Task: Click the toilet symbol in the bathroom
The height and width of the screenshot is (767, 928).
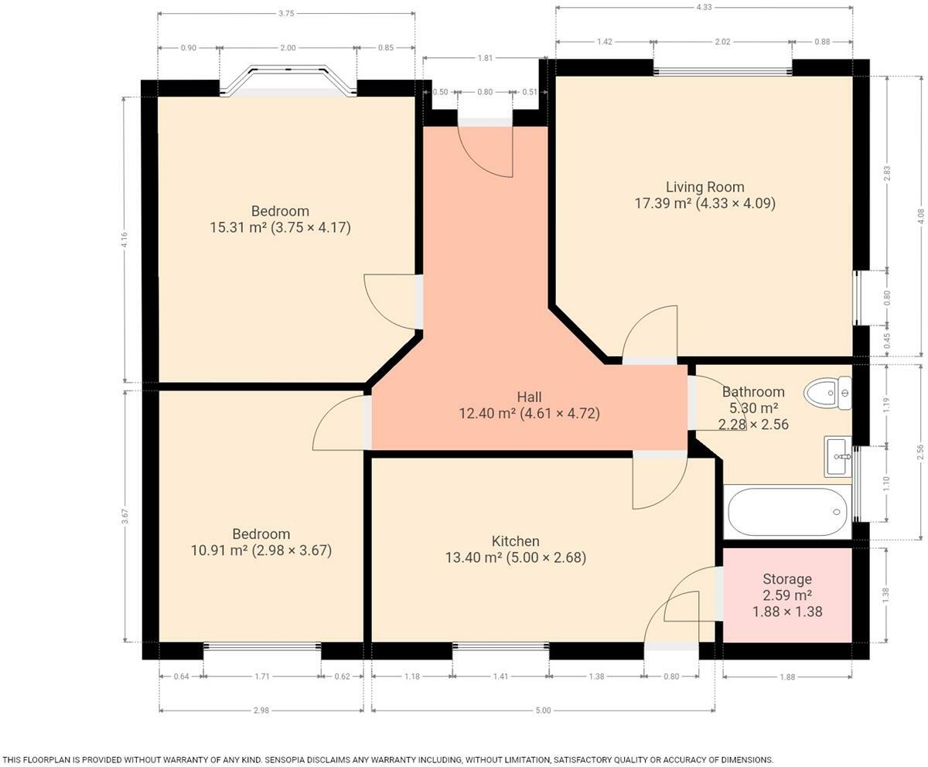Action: pyautogui.click(x=828, y=394)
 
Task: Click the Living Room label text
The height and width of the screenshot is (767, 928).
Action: pyautogui.click(x=705, y=187)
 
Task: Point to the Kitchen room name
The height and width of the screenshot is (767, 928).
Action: pyautogui.click(x=515, y=541)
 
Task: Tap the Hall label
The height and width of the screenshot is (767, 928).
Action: pyautogui.click(x=529, y=397)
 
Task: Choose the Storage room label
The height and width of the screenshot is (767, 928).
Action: pyautogui.click(x=786, y=579)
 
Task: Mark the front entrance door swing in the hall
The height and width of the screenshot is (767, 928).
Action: pyautogui.click(x=486, y=150)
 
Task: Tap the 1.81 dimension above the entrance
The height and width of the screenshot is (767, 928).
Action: pyautogui.click(x=485, y=58)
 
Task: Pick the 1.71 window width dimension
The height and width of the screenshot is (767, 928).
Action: pyautogui.click(x=262, y=677)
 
